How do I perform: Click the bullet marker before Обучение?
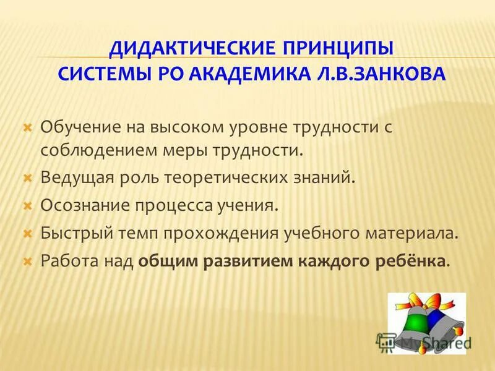point(27,127)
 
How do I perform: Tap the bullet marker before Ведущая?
point(27,178)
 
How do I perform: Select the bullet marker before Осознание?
point(27,205)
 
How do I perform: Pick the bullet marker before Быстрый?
point(27,234)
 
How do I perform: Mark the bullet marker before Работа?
point(27,262)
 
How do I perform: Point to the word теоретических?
point(226,178)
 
